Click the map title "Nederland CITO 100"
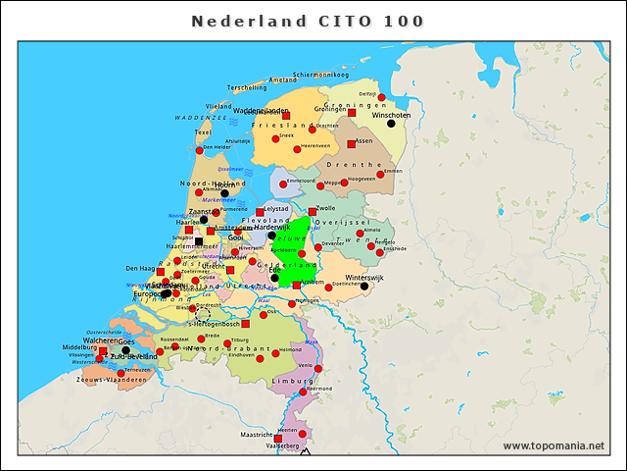308,21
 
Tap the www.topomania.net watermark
554,445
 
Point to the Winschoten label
391,115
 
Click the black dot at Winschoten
391,124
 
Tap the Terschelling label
247,87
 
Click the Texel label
204,131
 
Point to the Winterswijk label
364,278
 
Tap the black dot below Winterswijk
364,287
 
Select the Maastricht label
257,435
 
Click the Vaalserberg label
282,445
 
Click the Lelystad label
276,208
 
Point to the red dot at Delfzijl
381,97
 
